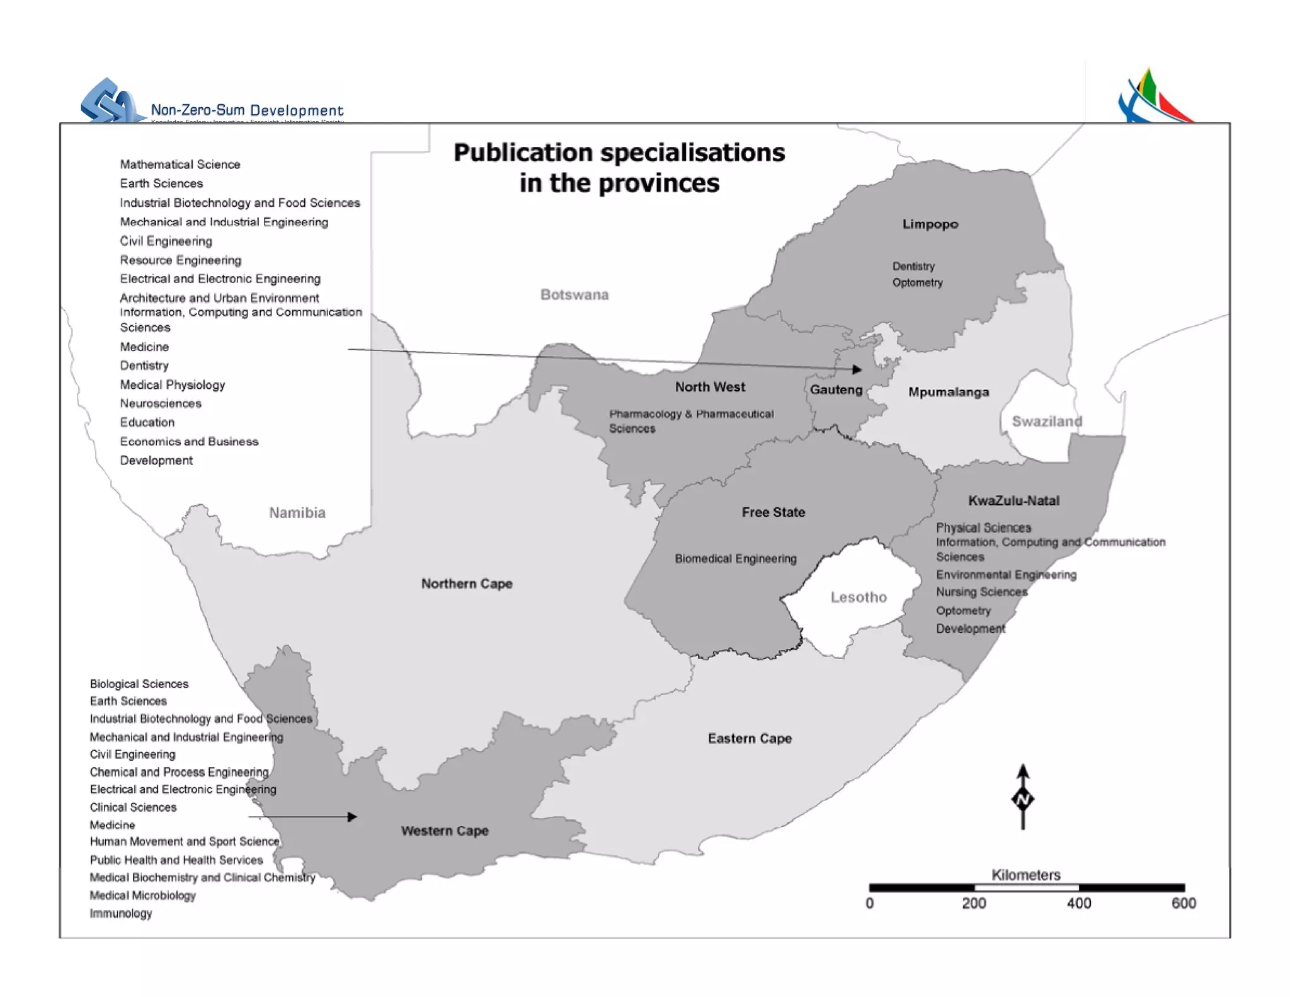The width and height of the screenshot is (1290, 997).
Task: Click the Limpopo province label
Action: [930, 224]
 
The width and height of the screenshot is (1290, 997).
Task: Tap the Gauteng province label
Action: [836, 389]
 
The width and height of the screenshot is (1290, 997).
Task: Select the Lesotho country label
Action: [858, 597]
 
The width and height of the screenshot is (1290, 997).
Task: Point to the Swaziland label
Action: [1046, 422]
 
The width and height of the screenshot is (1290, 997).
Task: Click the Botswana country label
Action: [574, 295]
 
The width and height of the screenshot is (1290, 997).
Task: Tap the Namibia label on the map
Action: [297, 513]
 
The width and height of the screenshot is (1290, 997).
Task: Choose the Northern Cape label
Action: [467, 584]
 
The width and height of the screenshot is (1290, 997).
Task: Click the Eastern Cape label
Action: [750, 739]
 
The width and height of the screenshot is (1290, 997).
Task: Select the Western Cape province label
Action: [445, 831]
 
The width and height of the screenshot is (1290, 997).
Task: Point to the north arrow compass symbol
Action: [1023, 798]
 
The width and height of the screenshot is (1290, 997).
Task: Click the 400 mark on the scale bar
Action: [1078, 903]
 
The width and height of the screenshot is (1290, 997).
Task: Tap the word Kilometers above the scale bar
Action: [1025, 875]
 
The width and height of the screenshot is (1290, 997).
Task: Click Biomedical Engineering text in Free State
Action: [735, 559]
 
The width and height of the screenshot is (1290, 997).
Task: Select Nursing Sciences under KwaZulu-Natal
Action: [981, 592]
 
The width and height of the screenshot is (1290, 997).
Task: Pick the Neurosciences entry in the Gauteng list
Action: [161, 403]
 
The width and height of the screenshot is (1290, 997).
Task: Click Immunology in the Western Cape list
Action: [121, 913]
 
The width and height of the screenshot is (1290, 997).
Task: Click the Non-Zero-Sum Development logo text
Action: [247, 110]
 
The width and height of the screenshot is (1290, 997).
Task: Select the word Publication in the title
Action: [523, 153]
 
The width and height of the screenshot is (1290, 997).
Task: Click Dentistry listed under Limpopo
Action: [913, 267]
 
